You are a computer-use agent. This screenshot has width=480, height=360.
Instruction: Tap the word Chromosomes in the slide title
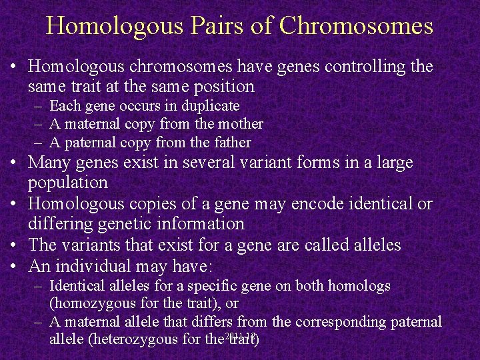pos(356,26)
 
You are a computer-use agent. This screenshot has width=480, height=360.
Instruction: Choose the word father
pos(229,143)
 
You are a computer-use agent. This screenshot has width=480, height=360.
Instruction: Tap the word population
pos(67,183)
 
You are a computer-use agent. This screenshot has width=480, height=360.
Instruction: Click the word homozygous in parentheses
pos(89,304)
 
